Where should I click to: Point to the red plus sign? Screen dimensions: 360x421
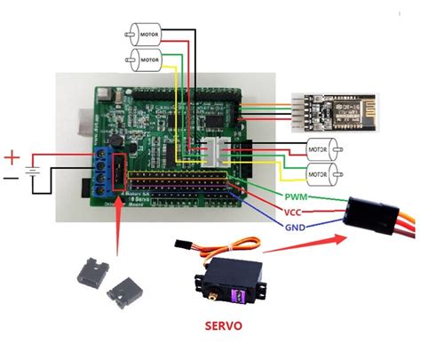[12, 158]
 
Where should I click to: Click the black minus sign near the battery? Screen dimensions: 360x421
[10, 179]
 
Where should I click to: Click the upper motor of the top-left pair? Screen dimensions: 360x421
[145, 34]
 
